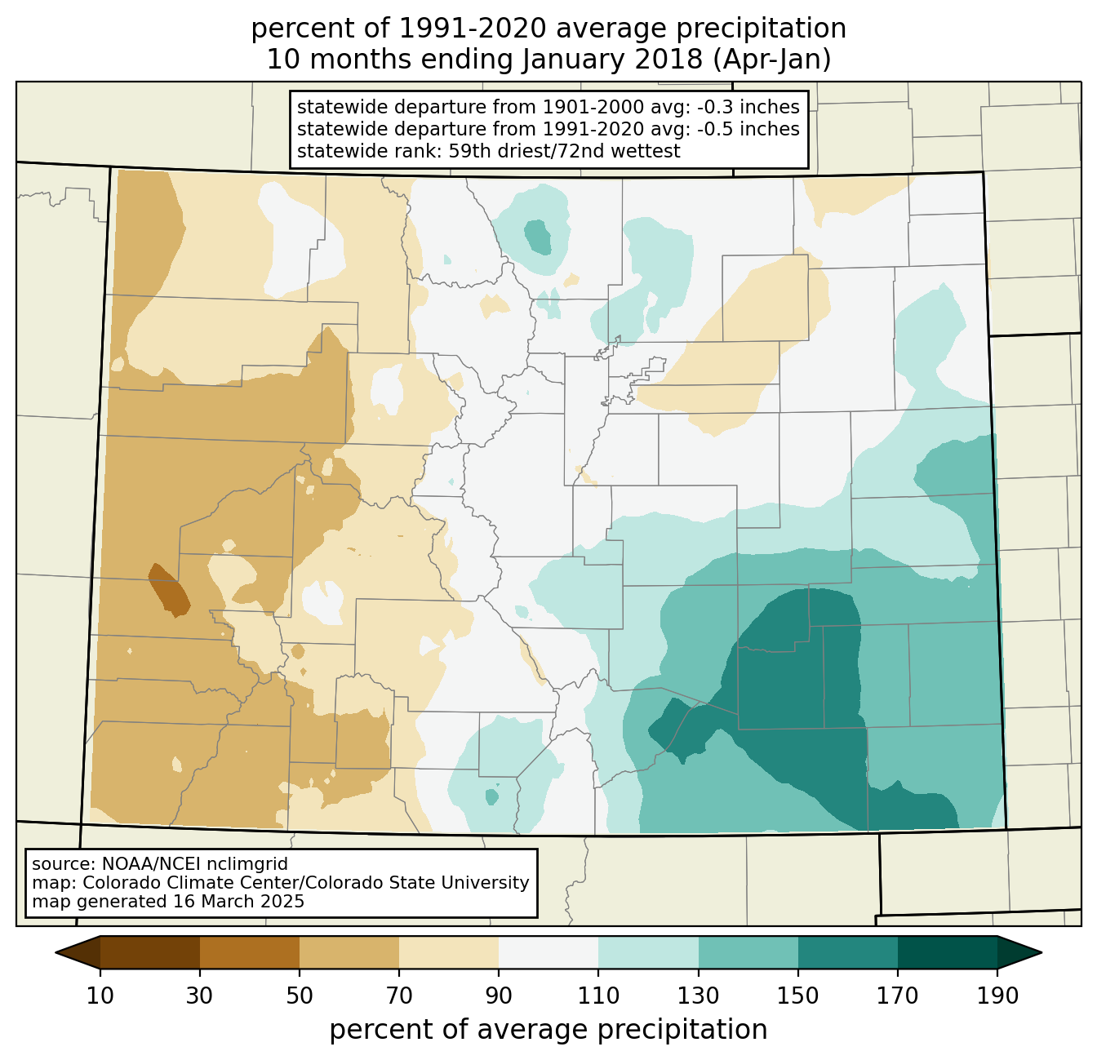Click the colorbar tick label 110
point(598,996)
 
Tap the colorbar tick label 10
point(100,996)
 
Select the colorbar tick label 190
point(997,996)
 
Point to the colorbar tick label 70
point(399,996)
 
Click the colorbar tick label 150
point(797,996)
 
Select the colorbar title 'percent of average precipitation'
point(548,1029)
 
